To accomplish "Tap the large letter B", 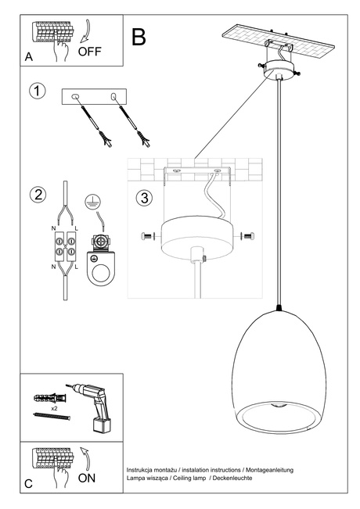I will click(139, 37).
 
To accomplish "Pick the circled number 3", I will click(143, 197).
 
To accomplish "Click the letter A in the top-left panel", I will click(29, 56).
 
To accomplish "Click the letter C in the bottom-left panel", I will click(29, 485).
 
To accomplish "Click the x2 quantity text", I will click(52, 408).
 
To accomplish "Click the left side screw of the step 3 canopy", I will click(148, 236).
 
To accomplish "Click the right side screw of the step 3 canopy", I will click(248, 235).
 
